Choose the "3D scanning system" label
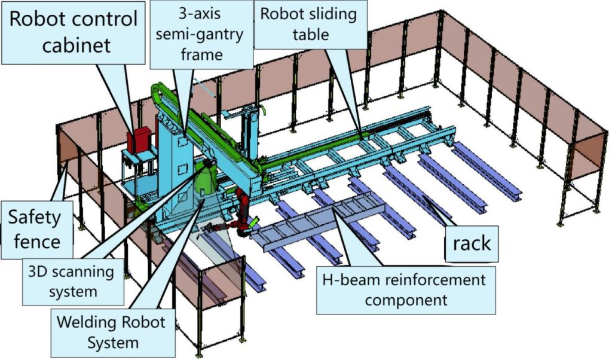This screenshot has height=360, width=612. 71,281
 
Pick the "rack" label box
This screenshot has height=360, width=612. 472,243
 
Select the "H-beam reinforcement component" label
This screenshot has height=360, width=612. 405,290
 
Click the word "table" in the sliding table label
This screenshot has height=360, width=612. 310,35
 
